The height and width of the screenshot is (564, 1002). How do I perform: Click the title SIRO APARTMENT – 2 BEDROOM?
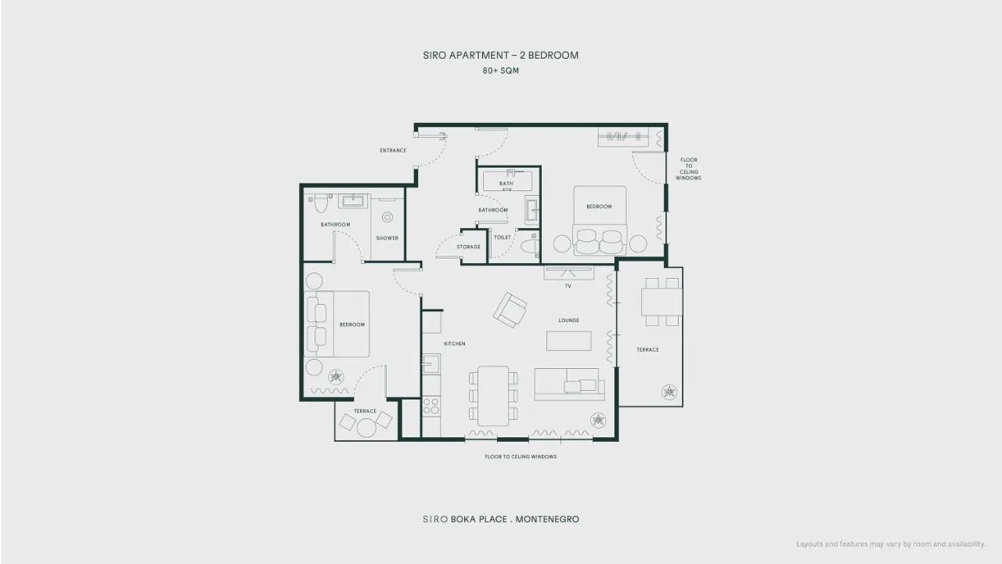(500, 55)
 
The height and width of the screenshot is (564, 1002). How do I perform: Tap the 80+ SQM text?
(500, 70)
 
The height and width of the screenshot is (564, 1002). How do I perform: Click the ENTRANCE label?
(393, 150)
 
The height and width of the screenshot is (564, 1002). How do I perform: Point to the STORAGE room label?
(468, 247)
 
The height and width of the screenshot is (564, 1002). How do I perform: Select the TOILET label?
(503, 237)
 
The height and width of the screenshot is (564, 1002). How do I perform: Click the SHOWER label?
(387, 238)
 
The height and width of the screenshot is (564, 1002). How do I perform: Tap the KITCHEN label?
(455, 344)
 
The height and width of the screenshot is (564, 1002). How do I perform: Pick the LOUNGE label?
(568, 320)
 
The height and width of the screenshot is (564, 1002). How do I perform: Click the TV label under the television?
(568, 286)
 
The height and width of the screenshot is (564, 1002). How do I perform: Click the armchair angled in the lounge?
(510, 309)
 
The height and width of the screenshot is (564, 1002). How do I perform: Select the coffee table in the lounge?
(568, 341)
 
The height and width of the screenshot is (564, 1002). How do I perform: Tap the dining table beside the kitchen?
(493, 396)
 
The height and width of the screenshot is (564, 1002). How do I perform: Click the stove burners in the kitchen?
(431, 406)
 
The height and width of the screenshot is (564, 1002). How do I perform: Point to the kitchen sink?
(431, 363)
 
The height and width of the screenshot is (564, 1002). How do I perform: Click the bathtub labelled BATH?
(506, 181)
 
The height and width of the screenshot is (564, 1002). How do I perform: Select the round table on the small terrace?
(366, 428)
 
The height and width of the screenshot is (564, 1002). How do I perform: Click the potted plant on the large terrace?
(669, 392)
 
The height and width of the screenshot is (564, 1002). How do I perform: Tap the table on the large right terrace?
(661, 302)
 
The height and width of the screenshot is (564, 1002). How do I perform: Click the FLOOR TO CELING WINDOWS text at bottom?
(521, 457)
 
